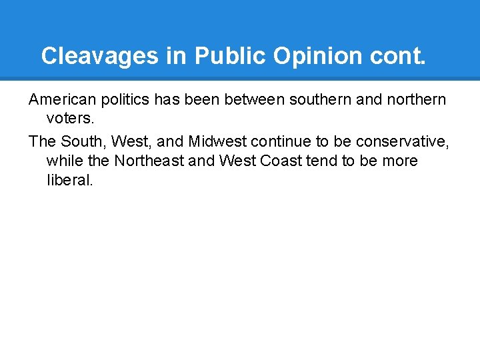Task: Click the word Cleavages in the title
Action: [100, 56]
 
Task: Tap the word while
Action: [63, 161]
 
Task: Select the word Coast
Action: [270, 161]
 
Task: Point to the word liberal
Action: [70, 180]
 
